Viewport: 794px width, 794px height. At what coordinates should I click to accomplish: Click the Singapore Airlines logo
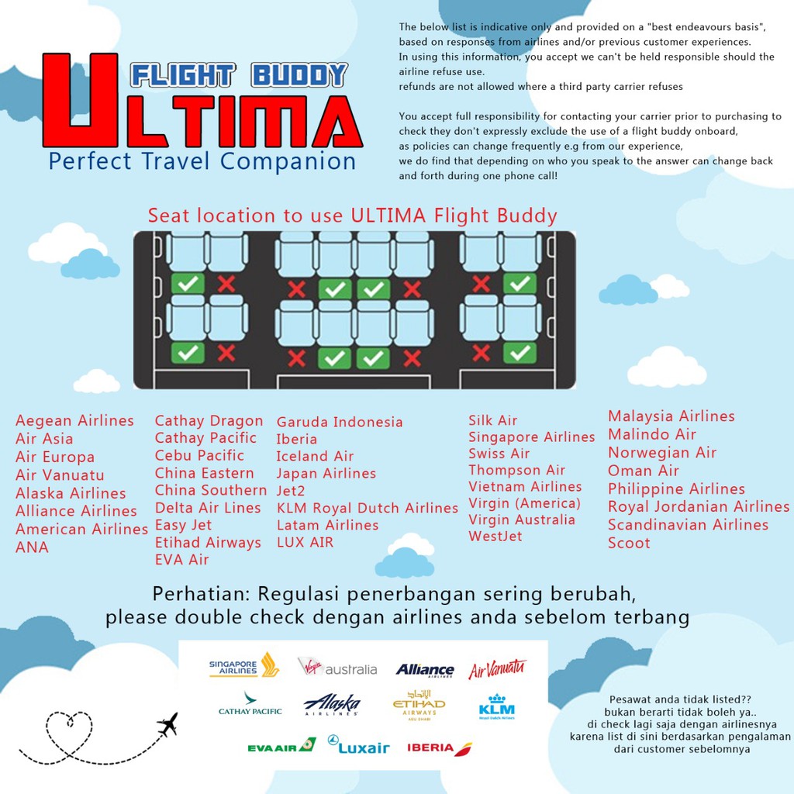[x=243, y=666]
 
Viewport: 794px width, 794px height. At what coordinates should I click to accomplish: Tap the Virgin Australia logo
[x=337, y=668]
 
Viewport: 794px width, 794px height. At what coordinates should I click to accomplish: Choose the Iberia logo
[x=439, y=747]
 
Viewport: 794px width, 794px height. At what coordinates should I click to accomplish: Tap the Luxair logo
[x=358, y=747]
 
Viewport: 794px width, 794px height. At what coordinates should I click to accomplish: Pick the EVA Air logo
[x=281, y=747]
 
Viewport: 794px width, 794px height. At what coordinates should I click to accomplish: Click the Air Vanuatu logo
[x=497, y=668]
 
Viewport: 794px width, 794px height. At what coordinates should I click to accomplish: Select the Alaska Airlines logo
[x=333, y=704]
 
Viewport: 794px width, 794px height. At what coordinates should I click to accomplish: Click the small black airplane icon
[x=167, y=724]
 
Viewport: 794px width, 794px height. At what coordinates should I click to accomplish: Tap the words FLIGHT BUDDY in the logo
[x=238, y=75]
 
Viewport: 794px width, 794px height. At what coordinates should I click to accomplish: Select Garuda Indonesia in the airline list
[x=340, y=422]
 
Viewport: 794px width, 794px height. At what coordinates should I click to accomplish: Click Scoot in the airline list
[x=629, y=543]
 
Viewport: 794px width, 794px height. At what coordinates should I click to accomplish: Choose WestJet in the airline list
[x=495, y=536]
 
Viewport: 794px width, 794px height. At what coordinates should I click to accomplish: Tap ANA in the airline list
[x=32, y=547]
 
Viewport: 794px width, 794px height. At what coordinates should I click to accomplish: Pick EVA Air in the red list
[x=181, y=559]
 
